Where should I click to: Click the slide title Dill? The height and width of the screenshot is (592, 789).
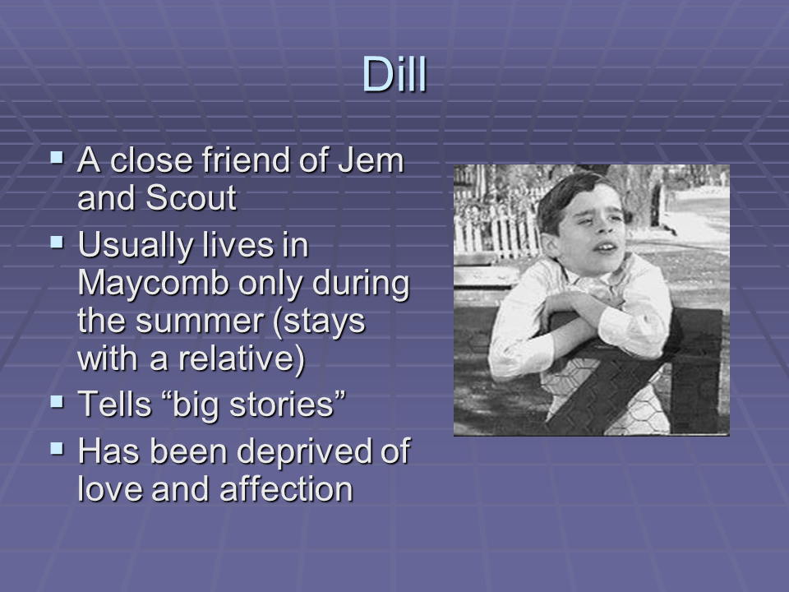click(394, 75)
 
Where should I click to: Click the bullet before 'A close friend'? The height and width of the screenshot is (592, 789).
click(57, 155)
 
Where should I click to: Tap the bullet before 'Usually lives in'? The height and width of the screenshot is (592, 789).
click(57, 241)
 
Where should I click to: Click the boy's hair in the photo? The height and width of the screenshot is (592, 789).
click(567, 193)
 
